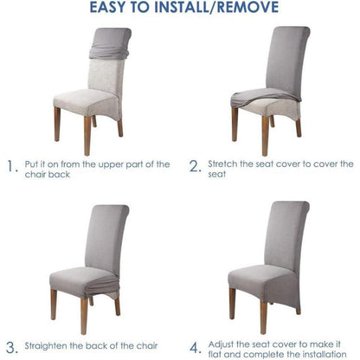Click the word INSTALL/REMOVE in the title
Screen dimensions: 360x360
coord(216,8)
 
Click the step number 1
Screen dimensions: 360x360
coord(12,166)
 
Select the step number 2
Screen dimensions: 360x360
coord(195,166)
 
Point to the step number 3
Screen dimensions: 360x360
coord(12,348)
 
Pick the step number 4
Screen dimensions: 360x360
coord(196,348)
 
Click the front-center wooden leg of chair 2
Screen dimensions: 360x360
coord(266,136)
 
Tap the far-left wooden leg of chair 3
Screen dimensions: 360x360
coord(54,305)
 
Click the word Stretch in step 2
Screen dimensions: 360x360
coord(222,164)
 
